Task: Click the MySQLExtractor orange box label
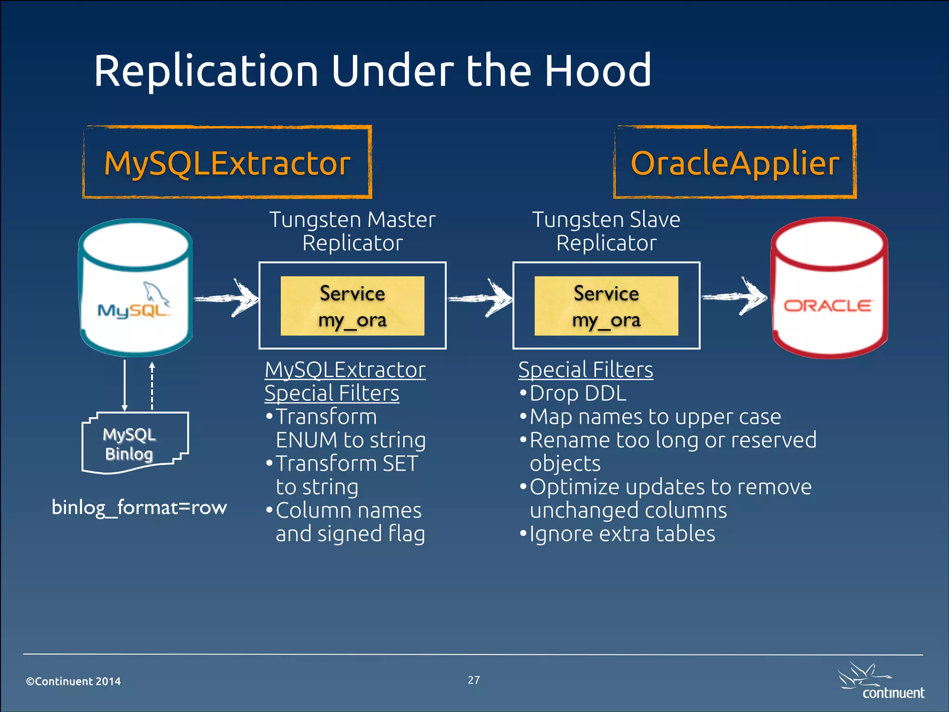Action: click(227, 163)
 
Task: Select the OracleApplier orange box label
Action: click(735, 163)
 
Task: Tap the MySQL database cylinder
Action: click(135, 287)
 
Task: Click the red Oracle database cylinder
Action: click(829, 287)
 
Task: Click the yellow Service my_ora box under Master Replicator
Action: click(352, 306)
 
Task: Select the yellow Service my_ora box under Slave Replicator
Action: click(606, 306)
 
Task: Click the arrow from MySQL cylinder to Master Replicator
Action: click(227, 298)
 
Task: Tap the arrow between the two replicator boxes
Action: click(481, 298)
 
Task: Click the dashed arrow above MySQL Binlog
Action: click(152, 386)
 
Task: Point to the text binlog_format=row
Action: click(139, 508)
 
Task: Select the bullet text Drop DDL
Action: click(578, 394)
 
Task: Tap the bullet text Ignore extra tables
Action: click(622, 534)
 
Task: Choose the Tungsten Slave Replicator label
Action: click(606, 231)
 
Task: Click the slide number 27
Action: click(474, 680)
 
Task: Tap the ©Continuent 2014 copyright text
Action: click(73, 681)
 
